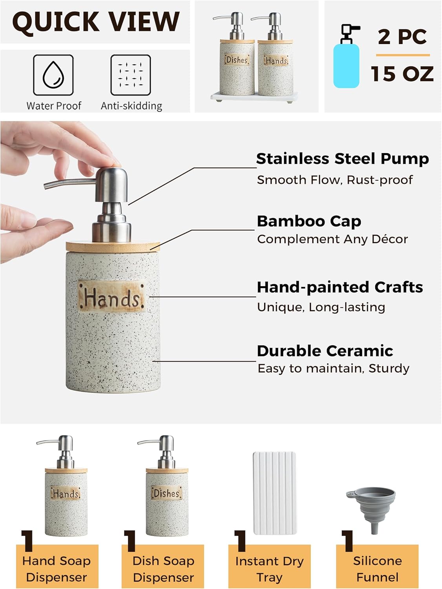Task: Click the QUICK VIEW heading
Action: pos(95,22)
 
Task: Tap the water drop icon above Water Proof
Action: pos(53,75)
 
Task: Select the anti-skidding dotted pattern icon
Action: pos(131,75)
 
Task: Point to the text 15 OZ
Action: pos(402,74)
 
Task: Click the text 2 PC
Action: pos(402,37)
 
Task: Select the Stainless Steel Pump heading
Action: pos(342,159)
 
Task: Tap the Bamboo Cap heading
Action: pos(309,221)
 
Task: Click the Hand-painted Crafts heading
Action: pos(340,287)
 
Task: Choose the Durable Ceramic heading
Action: pos(325,351)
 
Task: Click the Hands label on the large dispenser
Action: pos(112,297)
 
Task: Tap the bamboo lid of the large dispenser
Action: pos(113,246)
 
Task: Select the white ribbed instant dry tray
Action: pos(274,493)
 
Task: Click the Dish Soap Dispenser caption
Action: pos(163,569)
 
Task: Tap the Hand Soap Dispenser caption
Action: pos(57,569)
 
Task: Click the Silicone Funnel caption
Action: pos(377,569)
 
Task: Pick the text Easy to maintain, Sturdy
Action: pos(333,368)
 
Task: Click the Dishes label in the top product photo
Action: pos(237,60)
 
